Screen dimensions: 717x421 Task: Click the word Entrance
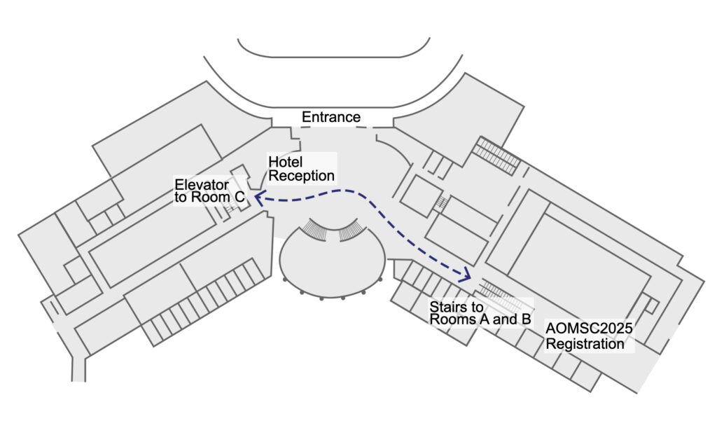coord(331,117)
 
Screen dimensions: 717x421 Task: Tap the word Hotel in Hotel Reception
coord(286,162)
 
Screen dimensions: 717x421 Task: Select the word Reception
coord(301,177)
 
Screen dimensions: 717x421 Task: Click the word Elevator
coord(202,185)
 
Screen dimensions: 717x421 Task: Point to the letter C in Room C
coord(239,198)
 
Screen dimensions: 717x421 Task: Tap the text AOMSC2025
coord(589,328)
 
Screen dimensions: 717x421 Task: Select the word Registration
coord(585,343)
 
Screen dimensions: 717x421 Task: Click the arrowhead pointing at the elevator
coord(258,199)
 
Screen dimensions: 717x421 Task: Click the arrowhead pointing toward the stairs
coord(466,275)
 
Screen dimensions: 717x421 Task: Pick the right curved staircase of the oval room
coord(351,230)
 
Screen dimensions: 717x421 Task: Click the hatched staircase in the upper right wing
coord(496,156)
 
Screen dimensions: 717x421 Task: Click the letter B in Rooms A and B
coord(526,319)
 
